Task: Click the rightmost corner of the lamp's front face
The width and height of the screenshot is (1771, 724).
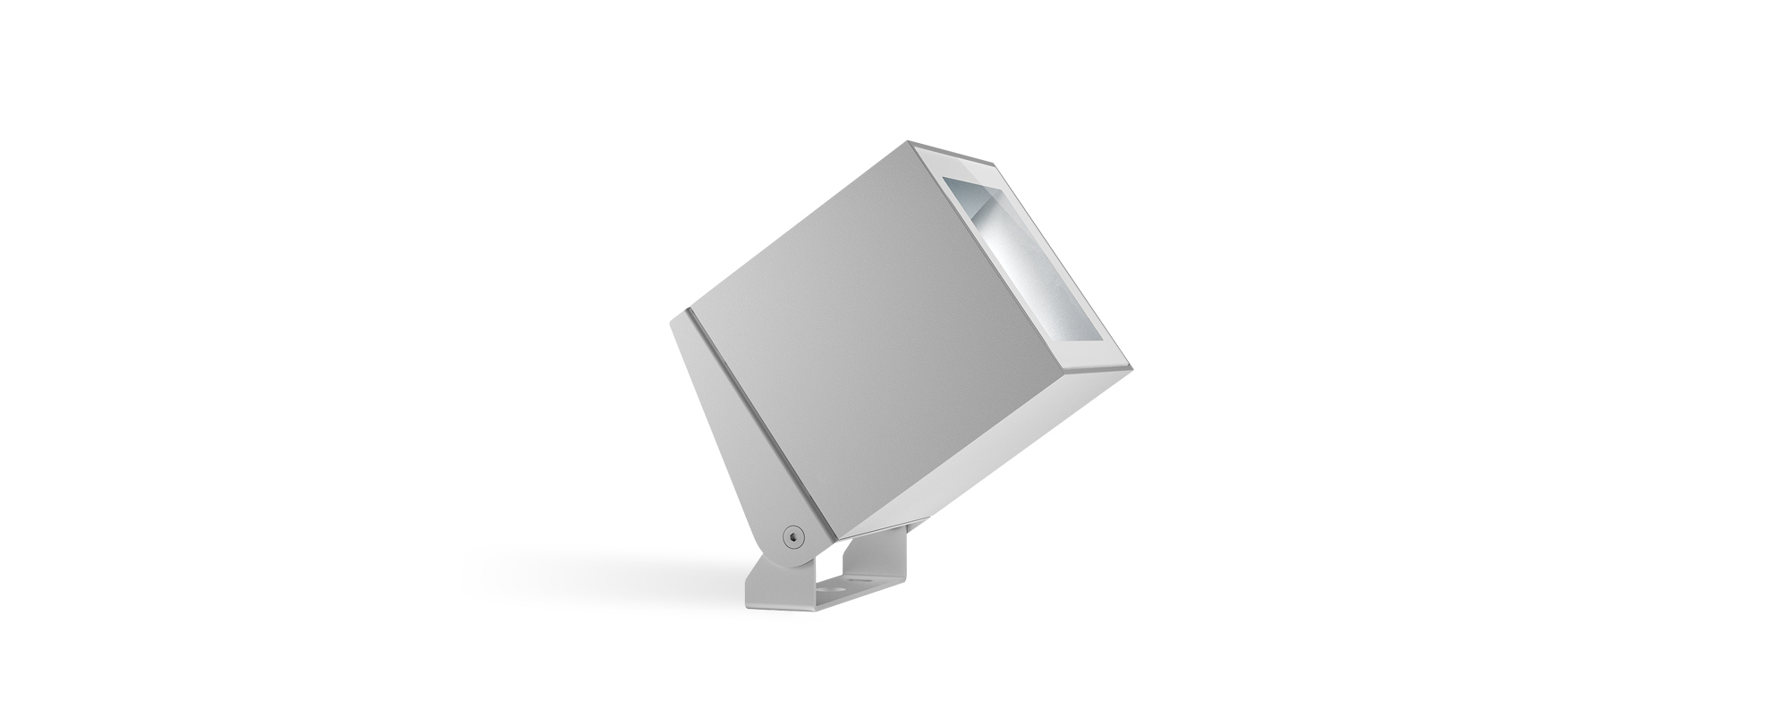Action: (x=1132, y=366)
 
